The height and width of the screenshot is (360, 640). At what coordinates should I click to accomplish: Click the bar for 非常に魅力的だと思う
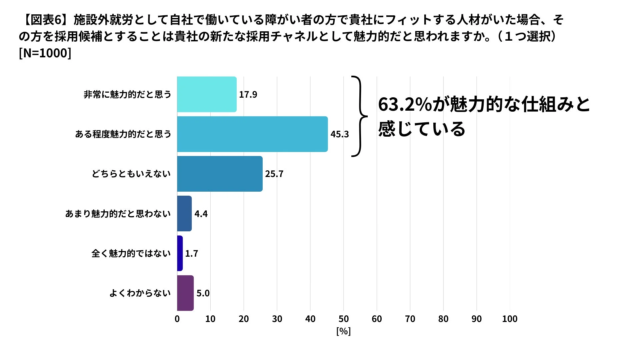point(207,94)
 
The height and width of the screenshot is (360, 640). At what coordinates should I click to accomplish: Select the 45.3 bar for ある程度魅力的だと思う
point(252,134)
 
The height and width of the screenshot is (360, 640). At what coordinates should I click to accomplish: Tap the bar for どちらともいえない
point(220,174)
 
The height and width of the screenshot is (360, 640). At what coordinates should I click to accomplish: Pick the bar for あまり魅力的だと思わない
point(184,213)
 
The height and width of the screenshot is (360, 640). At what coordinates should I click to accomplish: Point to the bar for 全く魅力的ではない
point(180,253)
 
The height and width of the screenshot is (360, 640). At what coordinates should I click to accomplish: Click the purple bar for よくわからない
point(185,293)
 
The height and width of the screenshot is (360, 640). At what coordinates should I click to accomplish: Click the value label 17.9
point(248,95)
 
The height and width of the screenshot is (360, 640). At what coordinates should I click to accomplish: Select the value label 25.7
point(274,174)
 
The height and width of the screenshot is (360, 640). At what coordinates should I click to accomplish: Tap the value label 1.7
point(192,254)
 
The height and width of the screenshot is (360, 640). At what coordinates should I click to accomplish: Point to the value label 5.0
point(203,293)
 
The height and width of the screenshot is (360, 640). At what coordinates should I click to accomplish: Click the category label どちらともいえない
point(131,174)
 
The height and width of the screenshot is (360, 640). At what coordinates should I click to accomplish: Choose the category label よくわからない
point(140,293)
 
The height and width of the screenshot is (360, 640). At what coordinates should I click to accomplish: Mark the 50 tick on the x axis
point(343,319)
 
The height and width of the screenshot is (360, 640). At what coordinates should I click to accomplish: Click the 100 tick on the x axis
point(510,319)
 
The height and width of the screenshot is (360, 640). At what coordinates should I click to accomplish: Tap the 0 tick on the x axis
point(177,319)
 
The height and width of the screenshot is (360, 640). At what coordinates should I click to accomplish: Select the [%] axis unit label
point(343,331)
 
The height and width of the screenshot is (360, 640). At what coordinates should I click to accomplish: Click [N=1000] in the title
point(45,53)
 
